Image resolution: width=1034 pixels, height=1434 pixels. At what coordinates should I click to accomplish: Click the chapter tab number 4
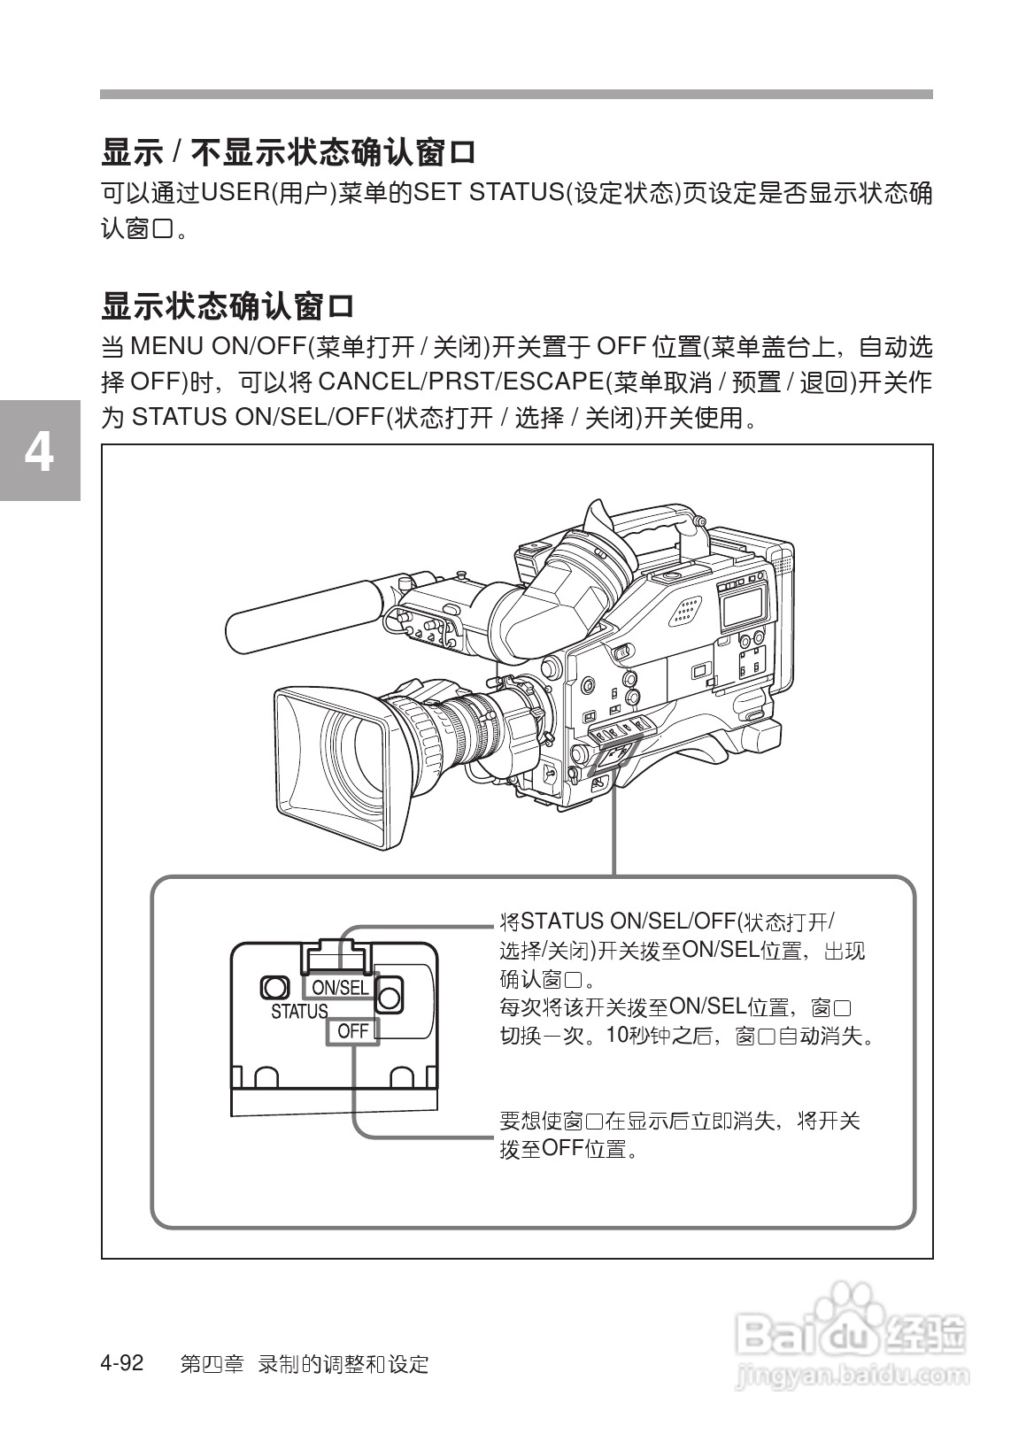tap(39, 451)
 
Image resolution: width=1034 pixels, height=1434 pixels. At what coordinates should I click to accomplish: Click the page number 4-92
tap(122, 1362)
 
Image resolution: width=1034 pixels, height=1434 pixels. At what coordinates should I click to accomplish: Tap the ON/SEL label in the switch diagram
tap(340, 987)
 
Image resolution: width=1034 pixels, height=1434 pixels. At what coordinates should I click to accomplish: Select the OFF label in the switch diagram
tap(352, 1030)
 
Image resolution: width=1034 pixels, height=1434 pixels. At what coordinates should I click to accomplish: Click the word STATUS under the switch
tap(299, 1012)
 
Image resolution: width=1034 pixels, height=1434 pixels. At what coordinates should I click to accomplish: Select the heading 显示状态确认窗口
tap(228, 307)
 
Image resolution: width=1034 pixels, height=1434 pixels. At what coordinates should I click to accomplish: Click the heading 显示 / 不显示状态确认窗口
tap(289, 152)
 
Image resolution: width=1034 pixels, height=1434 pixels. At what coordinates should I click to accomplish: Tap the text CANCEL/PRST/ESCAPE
tap(459, 382)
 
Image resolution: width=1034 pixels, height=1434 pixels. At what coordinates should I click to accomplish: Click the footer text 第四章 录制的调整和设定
tap(304, 1364)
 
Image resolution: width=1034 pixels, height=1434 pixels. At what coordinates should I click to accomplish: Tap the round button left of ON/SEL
tap(274, 988)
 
